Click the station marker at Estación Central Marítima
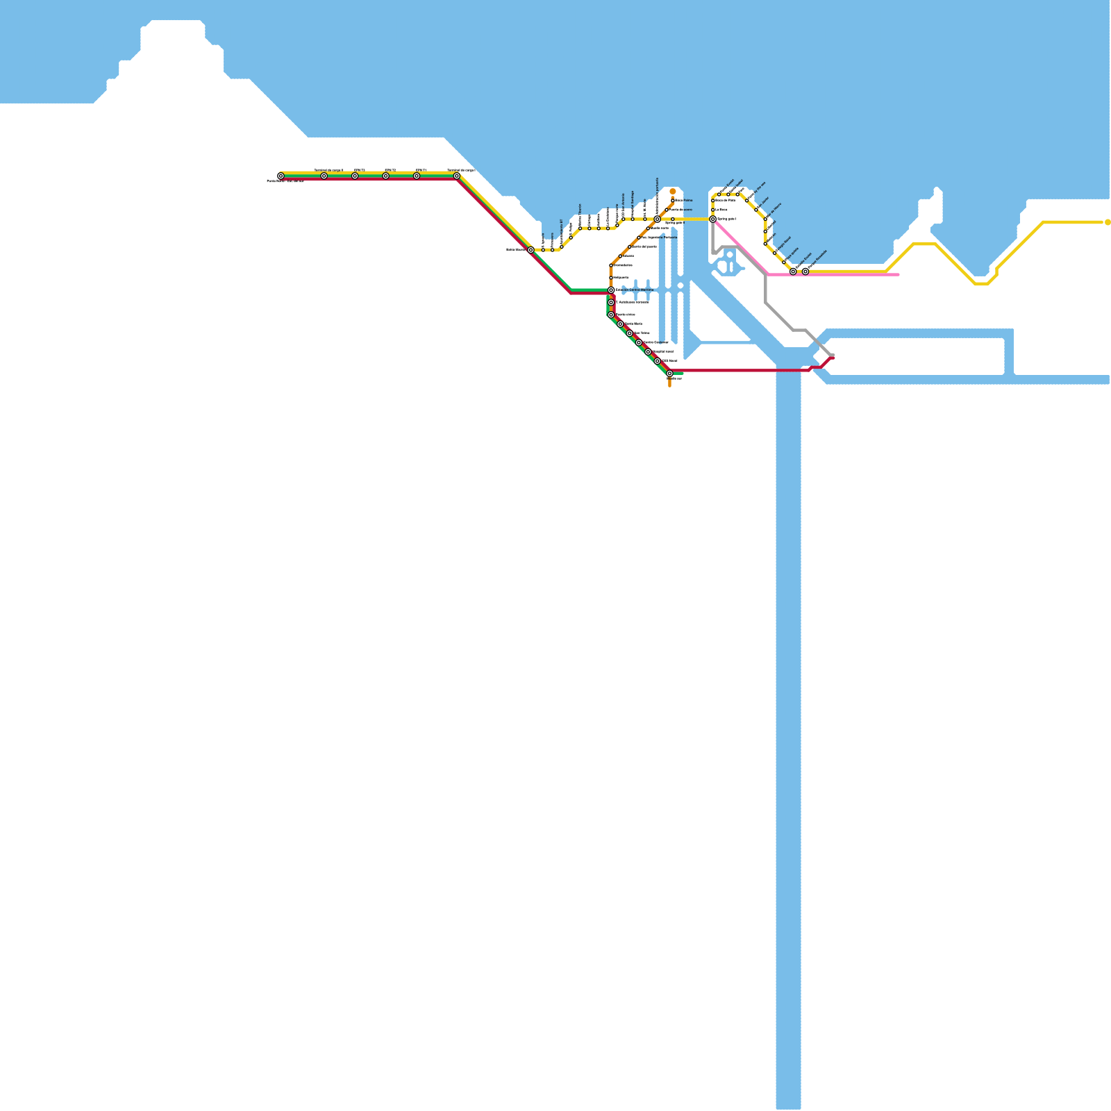pos(611,290)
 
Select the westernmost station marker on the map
pos(281,176)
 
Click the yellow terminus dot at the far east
pos(1108,222)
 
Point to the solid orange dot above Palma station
pos(673,192)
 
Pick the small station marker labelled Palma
pos(673,201)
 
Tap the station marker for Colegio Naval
pos(775,253)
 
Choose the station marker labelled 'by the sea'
pos(747,201)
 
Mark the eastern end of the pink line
pos(899,275)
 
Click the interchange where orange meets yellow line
pos(657,219)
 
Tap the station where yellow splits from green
pos(531,250)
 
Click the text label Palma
pos(684,201)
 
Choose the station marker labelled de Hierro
pos(766,219)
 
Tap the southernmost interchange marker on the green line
pos(669,374)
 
